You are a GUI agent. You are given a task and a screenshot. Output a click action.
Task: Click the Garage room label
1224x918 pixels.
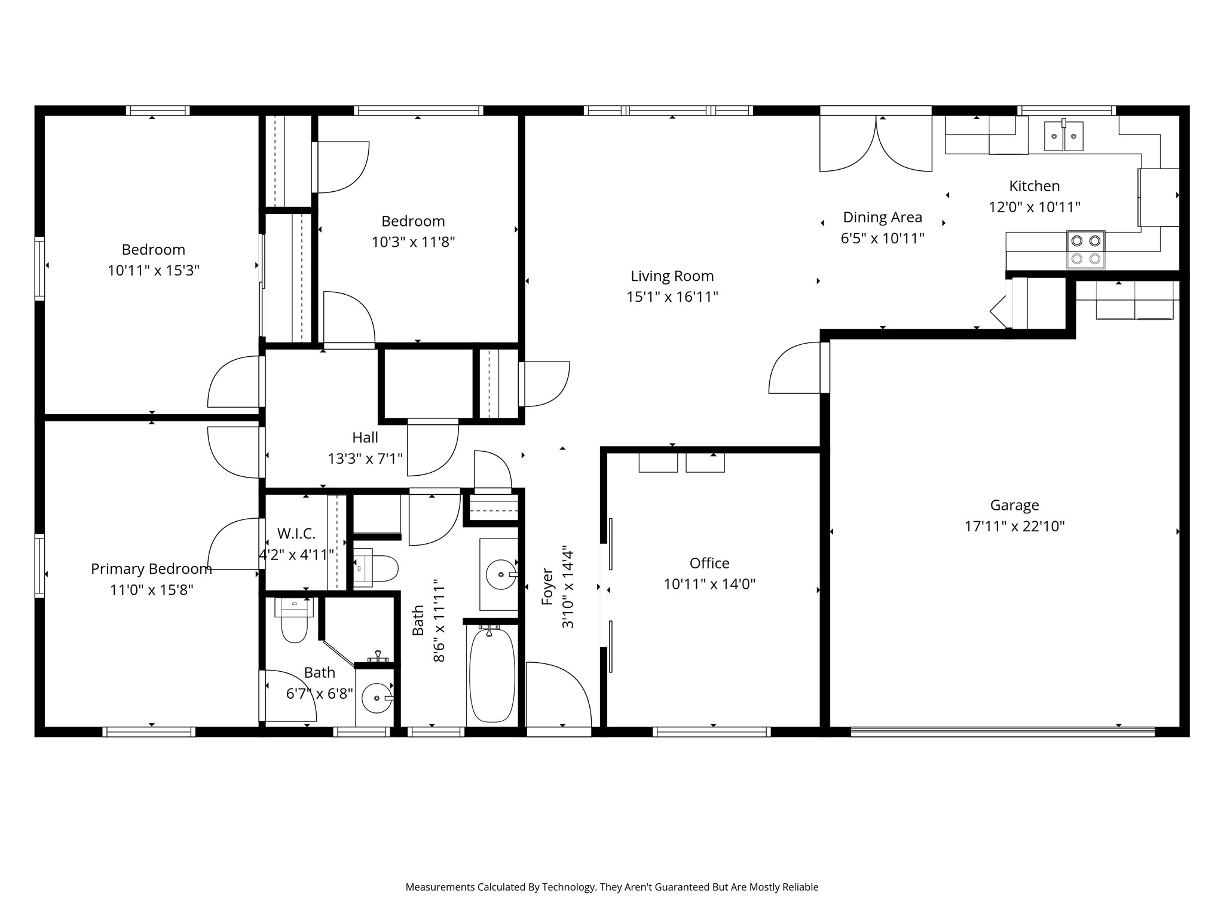(1014, 505)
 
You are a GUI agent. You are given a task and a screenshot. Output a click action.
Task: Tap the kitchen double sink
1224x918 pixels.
(1064, 136)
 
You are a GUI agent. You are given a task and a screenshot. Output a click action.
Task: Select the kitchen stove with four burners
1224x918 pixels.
(1085, 250)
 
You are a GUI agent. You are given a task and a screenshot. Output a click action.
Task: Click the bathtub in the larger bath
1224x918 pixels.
(492, 675)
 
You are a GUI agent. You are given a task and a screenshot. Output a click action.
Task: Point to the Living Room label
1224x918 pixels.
(672, 276)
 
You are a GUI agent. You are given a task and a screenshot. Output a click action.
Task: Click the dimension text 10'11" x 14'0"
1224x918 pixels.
(709, 584)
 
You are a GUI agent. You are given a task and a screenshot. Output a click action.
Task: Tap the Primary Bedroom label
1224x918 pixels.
(151, 569)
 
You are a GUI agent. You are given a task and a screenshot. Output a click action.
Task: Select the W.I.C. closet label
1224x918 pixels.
(296, 534)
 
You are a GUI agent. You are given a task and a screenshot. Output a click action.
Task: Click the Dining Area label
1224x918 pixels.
(883, 218)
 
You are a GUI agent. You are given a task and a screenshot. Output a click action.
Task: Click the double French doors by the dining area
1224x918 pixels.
(876, 143)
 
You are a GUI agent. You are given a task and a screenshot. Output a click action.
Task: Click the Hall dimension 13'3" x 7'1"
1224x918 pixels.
(365, 458)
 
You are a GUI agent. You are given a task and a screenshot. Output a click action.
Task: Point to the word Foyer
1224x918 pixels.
(547, 587)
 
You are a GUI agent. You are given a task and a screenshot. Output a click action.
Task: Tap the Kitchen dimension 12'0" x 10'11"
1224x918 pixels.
(1035, 207)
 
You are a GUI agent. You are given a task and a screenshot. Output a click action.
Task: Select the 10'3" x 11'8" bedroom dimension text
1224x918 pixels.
(413, 242)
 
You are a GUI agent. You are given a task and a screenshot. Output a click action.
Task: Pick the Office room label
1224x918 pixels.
(709, 563)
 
